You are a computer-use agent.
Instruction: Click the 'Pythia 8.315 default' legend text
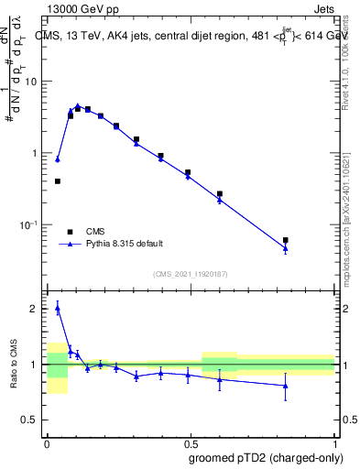click(x=125, y=244)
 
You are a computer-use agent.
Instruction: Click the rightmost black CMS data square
click(x=286, y=240)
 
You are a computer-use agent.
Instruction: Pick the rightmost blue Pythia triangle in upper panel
click(x=286, y=248)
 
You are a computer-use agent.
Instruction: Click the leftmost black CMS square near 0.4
click(x=58, y=181)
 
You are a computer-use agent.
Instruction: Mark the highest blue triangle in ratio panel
click(x=58, y=309)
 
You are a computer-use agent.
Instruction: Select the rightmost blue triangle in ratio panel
click(x=286, y=386)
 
